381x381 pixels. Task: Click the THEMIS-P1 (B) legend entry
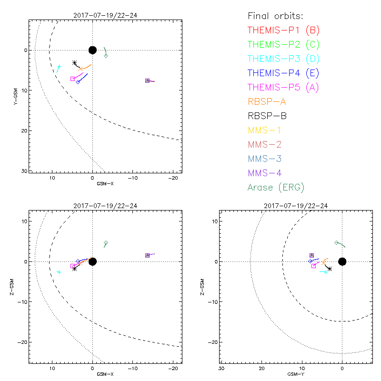pos(283,30)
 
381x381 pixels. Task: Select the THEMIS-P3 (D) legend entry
pos(283,59)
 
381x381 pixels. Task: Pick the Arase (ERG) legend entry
pos(276,187)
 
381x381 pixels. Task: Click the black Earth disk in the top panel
pos(92,50)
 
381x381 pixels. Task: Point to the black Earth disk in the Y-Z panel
pos(342,261)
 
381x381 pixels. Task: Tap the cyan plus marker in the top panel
pos(59,67)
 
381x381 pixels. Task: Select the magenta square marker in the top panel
pos(72,79)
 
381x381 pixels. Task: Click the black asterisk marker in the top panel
pos(74,63)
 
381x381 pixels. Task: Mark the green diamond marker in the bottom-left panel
pos(106,243)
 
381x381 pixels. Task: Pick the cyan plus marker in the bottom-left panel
pos(59,272)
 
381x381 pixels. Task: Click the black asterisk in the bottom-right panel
pos(329,269)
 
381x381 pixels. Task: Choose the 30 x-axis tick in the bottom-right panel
pos(221,369)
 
